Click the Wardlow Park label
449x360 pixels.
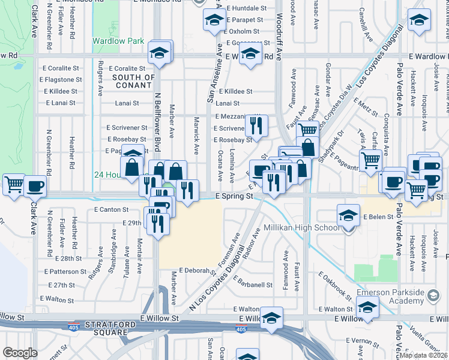[118, 41]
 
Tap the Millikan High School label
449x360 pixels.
[303, 229]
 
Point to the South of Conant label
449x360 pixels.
[133, 81]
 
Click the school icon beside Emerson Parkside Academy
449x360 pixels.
[367, 309]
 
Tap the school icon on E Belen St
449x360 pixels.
[348, 215]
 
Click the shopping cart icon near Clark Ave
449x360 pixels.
[14, 185]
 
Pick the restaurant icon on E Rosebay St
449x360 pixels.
[256, 126]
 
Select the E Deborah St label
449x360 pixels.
[196, 271]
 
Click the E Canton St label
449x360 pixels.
[112, 209]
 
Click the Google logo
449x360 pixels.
[20, 353]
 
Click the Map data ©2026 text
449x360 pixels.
[424, 355]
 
